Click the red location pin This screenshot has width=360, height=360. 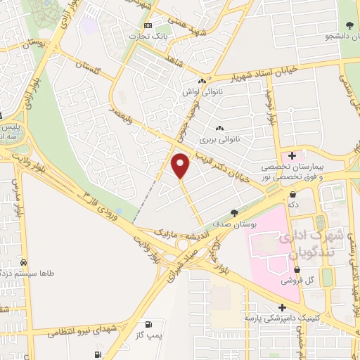tap(181, 165)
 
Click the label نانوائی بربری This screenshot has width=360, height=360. tap(239, 139)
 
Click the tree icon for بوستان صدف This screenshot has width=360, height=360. tap(234, 212)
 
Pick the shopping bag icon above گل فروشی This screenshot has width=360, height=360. tap(297, 269)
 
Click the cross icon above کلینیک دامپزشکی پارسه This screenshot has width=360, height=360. tap(282, 307)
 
